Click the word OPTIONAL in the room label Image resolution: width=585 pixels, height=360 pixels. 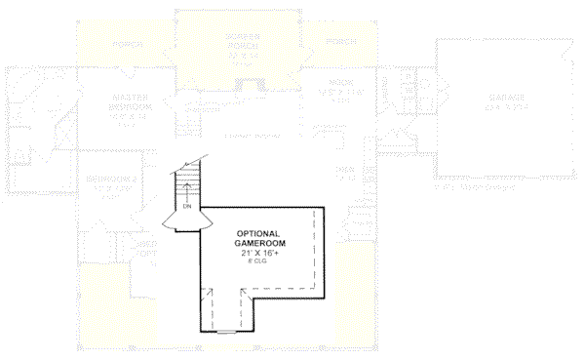click(258, 234)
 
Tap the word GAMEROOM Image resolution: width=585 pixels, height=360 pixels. click(258, 243)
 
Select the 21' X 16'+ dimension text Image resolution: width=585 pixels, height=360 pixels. click(258, 253)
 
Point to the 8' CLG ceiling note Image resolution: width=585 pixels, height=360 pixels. click(258, 261)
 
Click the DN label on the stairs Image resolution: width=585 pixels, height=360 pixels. click(185, 207)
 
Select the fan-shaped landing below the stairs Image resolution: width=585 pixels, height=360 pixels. click(184, 222)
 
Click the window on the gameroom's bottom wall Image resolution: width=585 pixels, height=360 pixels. click(226, 332)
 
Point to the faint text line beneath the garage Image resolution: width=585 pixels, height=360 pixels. click(475, 185)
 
